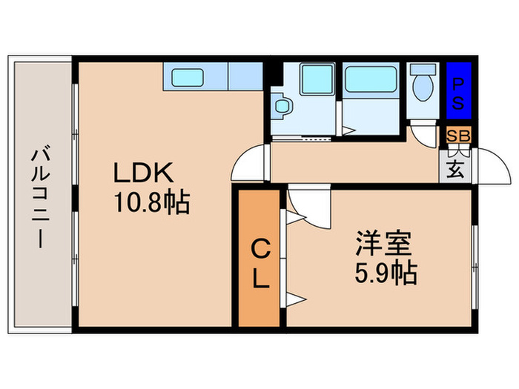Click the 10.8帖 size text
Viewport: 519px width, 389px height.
(x=151, y=202)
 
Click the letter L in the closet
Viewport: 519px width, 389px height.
(x=259, y=279)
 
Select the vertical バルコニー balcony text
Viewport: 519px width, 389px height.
(x=40, y=196)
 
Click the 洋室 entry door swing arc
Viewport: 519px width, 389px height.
(x=305, y=206)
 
